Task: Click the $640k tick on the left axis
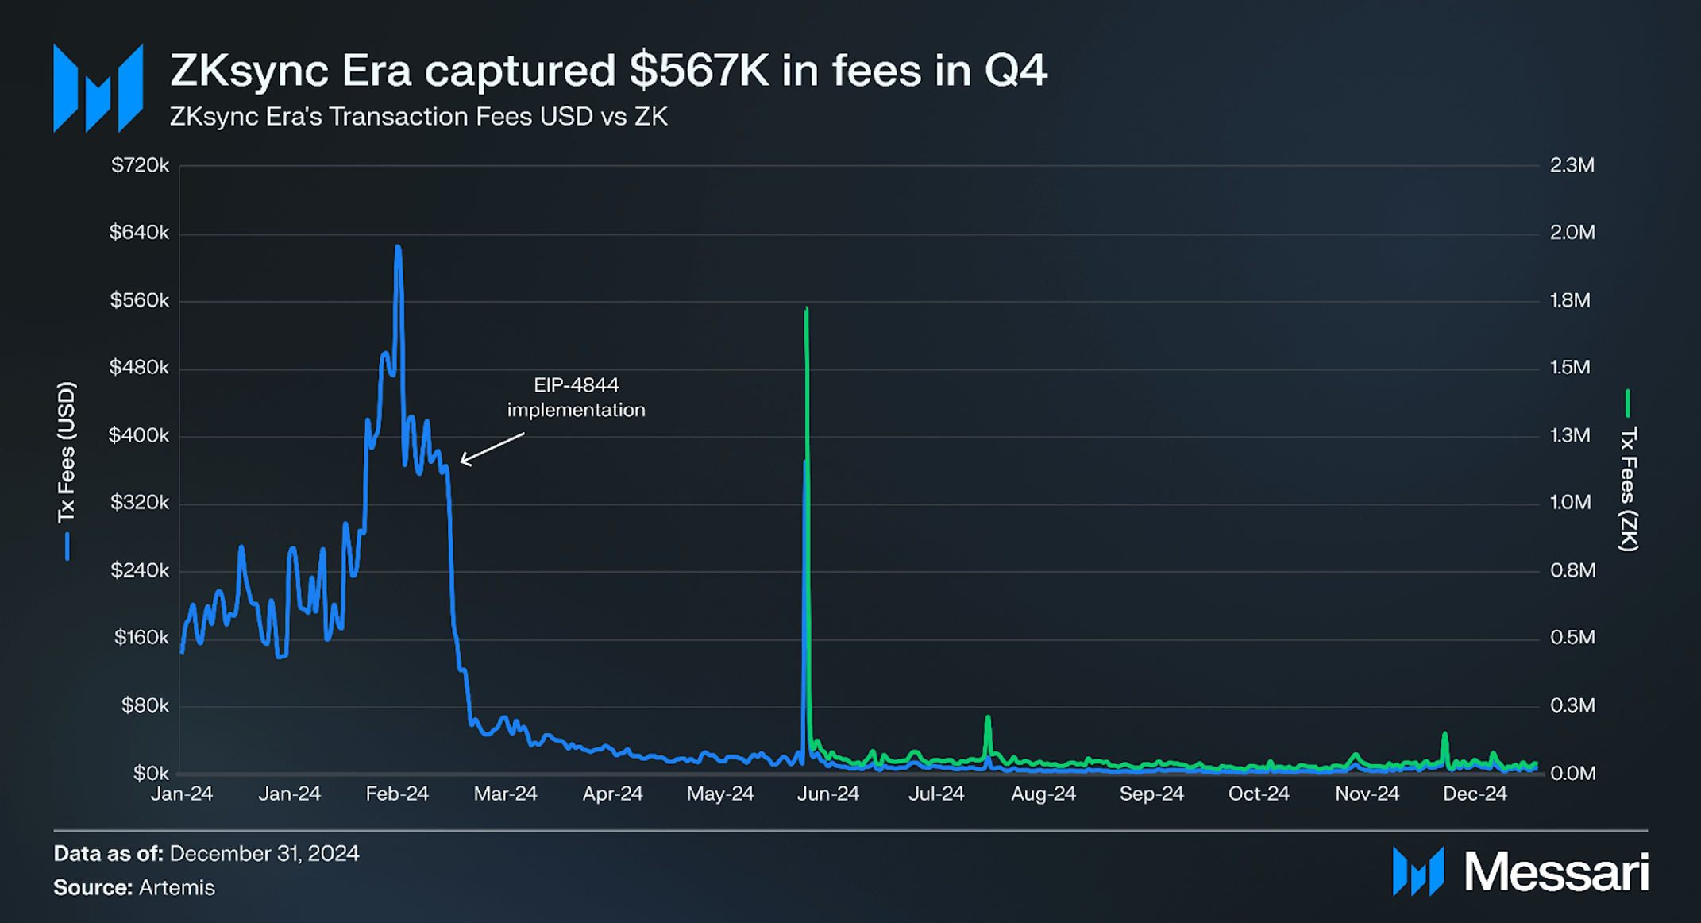pos(139,233)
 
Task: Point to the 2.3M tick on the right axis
pos(1572,165)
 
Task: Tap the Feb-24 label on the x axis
pos(396,794)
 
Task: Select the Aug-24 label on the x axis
pos(1043,794)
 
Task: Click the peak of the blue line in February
pos(398,249)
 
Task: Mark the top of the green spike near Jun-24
pos(806,310)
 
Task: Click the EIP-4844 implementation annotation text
pos(576,397)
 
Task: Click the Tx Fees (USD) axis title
pos(66,453)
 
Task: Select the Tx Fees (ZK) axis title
pos(1628,488)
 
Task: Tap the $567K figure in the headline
pos(699,70)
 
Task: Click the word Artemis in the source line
pos(176,887)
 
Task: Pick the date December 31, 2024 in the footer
pos(264,853)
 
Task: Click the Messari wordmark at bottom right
pos(1555,872)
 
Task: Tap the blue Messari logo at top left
pos(98,87)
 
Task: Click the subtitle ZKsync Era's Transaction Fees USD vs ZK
pos(418,117)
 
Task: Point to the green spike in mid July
pos(988,719)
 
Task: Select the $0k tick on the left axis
pos(150,773)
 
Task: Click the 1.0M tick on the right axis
pos(1570,503)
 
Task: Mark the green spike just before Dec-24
pos(1444,735)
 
